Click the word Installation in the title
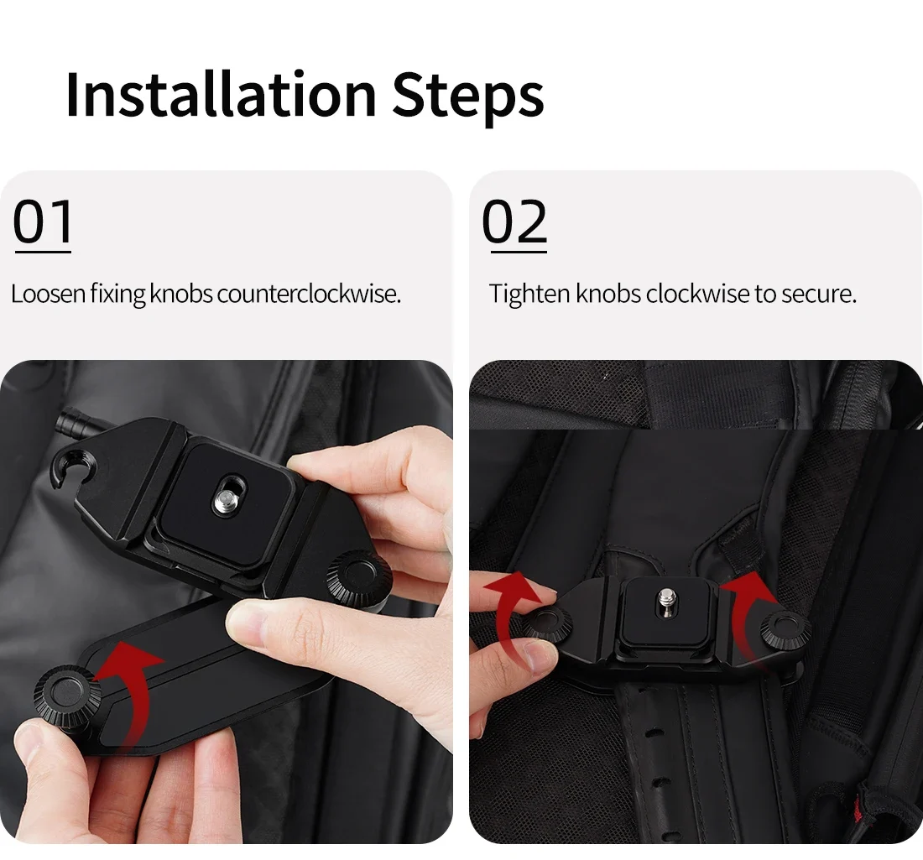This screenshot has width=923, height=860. click(x=221, y=94)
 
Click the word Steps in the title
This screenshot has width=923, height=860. click(x=468, y=98)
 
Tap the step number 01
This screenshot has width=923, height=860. click(x=43, y=222)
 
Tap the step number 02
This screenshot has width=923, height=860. click(x=514, y=222)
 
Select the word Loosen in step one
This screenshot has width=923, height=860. click(x=49, y=293)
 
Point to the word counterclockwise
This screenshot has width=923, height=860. click(x=309, y=293)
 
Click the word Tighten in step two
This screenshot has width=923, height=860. click(x=529, y=294)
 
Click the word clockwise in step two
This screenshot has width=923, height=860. click(x=697, y=293)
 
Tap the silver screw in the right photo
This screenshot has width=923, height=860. click(x=667, y=601)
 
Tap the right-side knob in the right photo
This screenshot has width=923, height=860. click(x=785, y=629)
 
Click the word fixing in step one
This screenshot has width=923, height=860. click(x=117, y=294)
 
